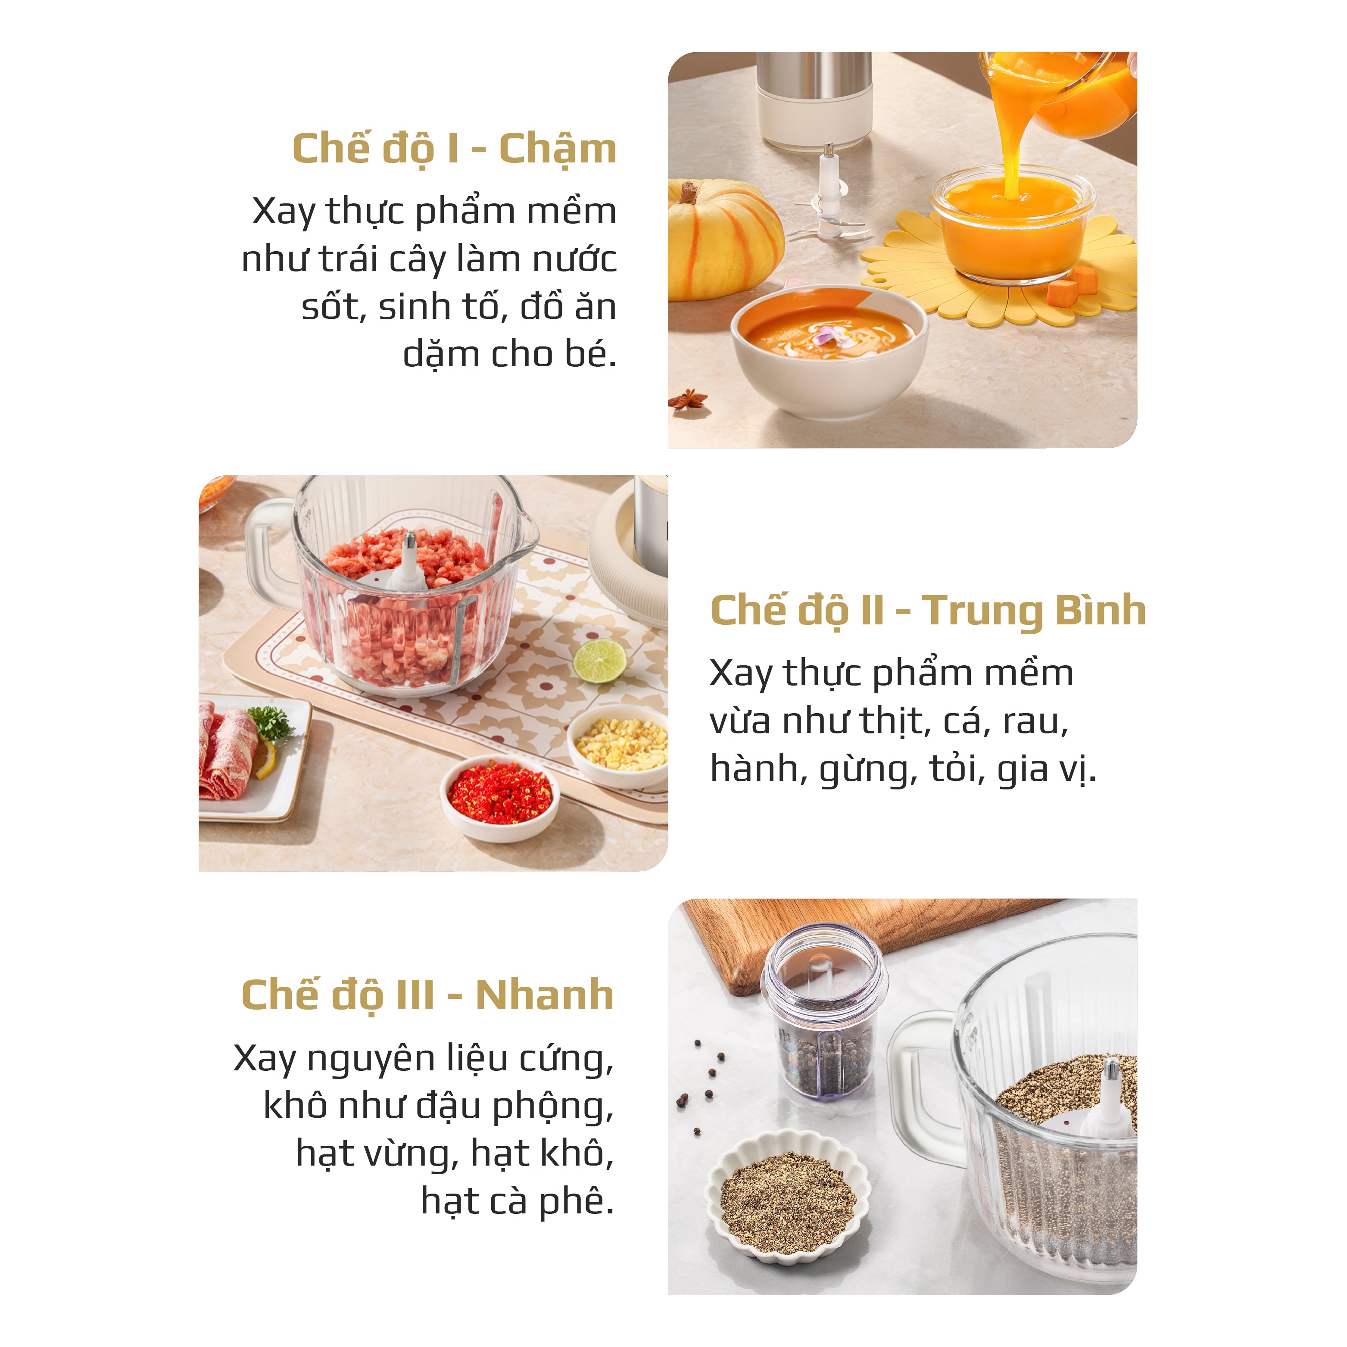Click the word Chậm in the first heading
[558, 149]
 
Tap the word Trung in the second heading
[985, 611]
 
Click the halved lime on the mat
[599, 661]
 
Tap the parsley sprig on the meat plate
[271, 722]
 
